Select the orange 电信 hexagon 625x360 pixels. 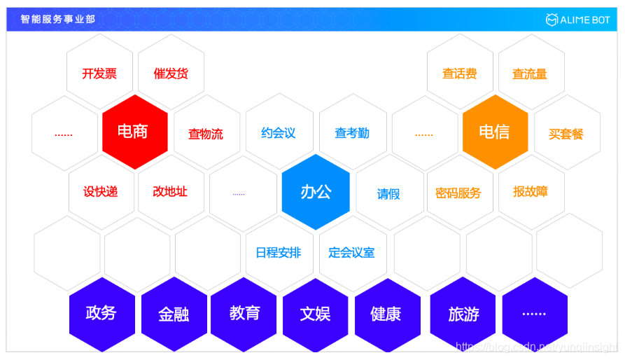(x=494, y=132)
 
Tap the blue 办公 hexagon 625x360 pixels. (x=315, y=192)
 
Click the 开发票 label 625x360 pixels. (x=99, y=74)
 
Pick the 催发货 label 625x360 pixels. (x=171, y=74)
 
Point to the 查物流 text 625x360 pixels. (x=206, y=134)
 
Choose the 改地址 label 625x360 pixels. (x=170, y=191)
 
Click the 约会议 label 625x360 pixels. (x=279, y=133)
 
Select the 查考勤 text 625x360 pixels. (x=351, y=133)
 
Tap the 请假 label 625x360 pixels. (x=388, y=194)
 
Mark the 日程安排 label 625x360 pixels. (x=279, y=252)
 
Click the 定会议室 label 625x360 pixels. (x=351, y=252)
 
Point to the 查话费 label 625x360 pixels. (x=460, y=74)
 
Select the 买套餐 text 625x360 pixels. (x=566, y=134)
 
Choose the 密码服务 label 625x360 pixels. (x=458, y=193)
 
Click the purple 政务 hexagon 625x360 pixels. (x=101, y=313)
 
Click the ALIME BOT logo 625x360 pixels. (x=577, y=20)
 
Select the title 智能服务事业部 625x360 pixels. (x=58, y=20)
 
